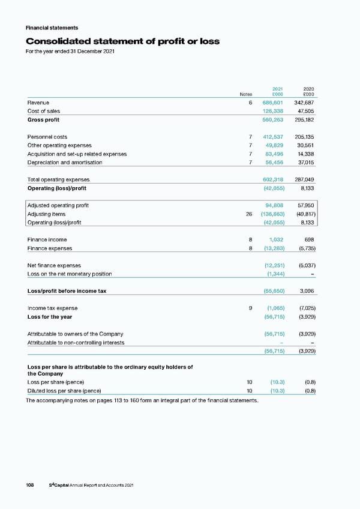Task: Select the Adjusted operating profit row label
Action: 58,205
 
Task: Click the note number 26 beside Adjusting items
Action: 248,214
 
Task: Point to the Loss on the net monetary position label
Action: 70,274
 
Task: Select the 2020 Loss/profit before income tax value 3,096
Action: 307,291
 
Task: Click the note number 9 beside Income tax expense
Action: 250,309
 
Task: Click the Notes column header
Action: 246,94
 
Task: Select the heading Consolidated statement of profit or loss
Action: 122,41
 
